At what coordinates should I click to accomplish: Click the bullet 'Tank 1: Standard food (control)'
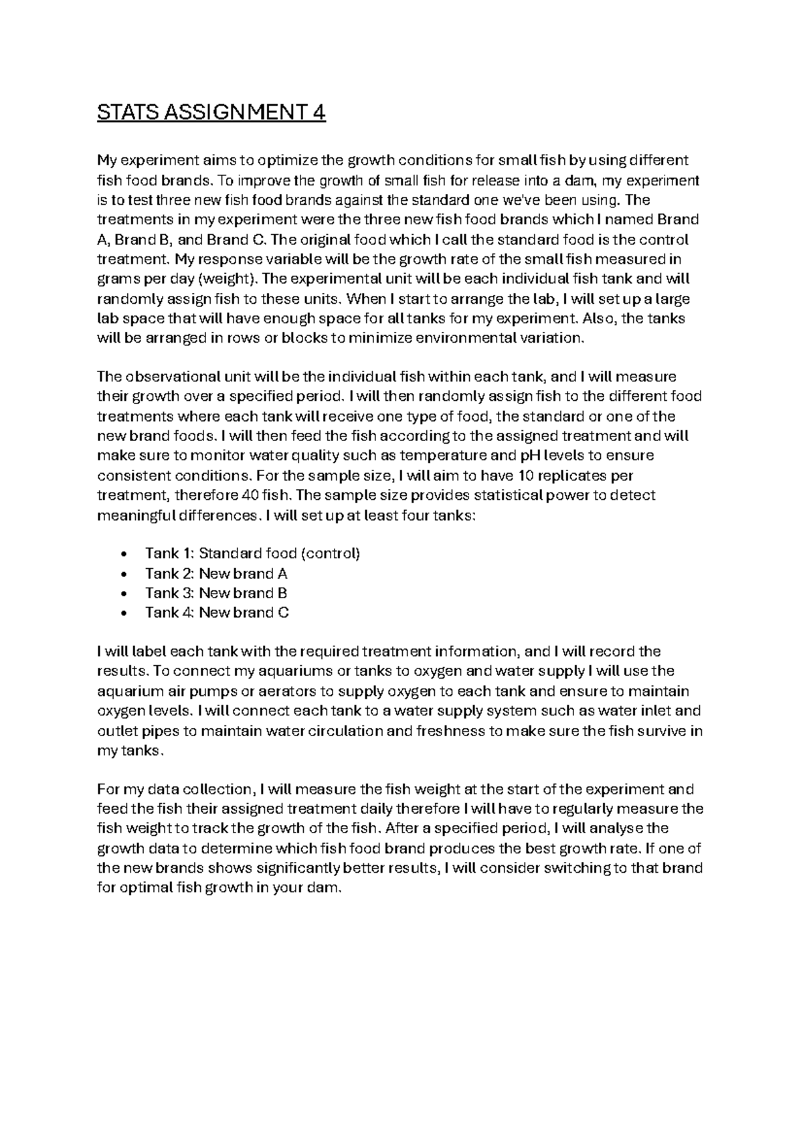coord(252,553)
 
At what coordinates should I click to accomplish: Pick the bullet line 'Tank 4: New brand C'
coord(217,612)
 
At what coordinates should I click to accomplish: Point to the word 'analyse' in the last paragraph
coord(620,829)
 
